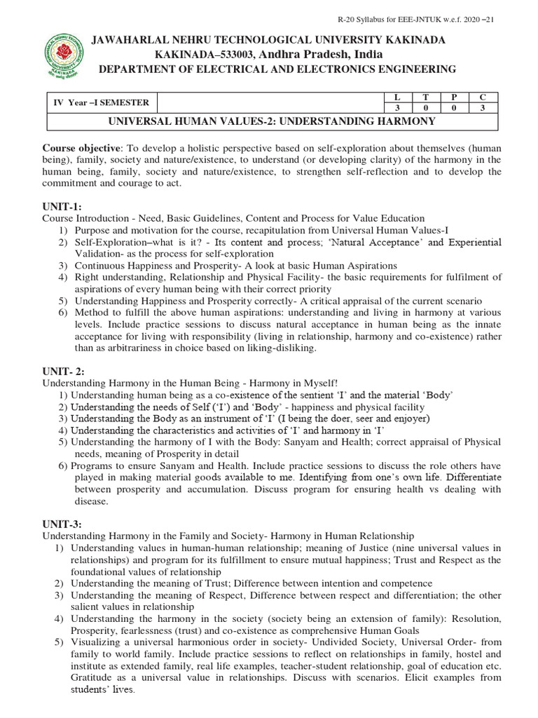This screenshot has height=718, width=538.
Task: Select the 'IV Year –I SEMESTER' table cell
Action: (x=102, y=102)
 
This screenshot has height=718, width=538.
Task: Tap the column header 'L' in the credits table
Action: (x=397, y=97)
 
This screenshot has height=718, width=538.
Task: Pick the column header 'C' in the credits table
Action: (x=482, y=97)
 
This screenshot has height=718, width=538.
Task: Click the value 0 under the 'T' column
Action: (x=425, y=109)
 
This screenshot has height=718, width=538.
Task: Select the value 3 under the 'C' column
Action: (x=482, y=109)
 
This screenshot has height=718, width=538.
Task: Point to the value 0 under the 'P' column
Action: (x=454, y=109)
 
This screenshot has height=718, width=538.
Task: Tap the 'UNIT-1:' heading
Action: (x=62, y=207)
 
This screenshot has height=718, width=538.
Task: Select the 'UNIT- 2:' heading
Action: (x=64, y=371)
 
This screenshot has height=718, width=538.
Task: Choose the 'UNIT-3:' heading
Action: (x=62, y=524)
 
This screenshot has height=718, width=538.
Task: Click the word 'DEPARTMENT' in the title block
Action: (x=134, y=69)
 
